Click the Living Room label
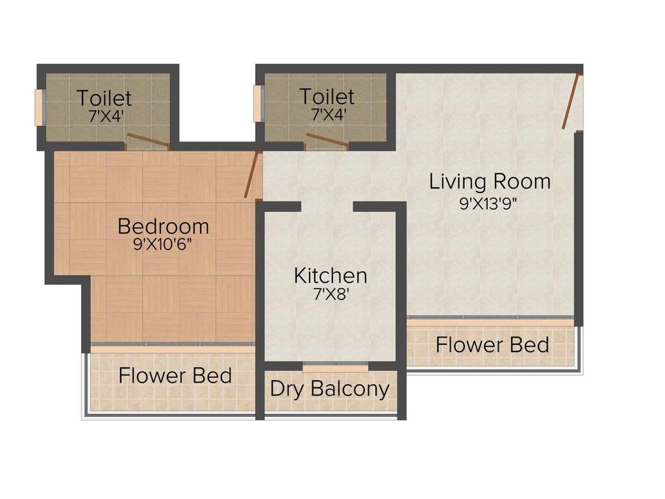pos(490,181)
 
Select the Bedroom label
pos(163,226)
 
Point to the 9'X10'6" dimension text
pos(163,245)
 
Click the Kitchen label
pos(330,275)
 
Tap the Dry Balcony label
pos(330,389)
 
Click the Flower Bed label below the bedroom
pos(175,376)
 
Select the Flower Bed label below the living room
pos(492,344)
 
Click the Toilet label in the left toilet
pos(104,98)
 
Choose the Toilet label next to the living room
pos(327,97)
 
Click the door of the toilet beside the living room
pos(327,141)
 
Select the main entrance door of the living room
pos(571,102)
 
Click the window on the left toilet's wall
pos(39,107)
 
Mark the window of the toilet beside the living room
pos(258,103)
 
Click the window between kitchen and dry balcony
pos(335,368)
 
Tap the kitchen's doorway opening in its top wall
pos(327,207)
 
